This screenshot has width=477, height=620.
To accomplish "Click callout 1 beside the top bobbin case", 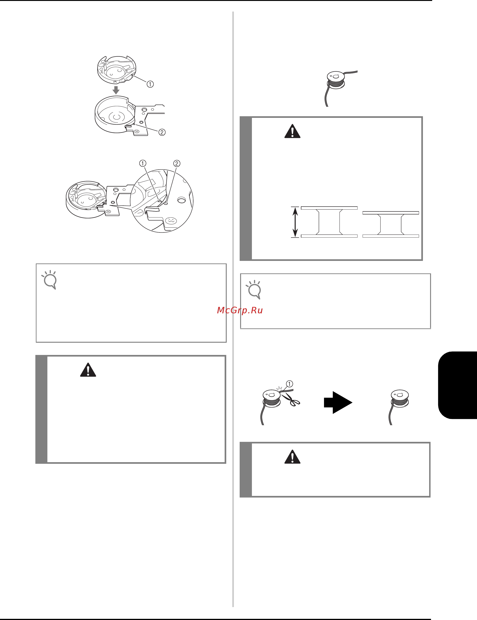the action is (150, 84).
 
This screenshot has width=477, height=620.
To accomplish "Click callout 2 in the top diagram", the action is (162, 132).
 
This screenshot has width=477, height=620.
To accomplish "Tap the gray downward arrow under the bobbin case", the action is (116, 90).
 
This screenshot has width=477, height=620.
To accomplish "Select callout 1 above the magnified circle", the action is (143, 163).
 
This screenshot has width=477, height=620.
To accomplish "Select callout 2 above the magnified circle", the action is (177, 163).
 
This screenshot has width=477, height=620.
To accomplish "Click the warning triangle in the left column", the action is (88, 370).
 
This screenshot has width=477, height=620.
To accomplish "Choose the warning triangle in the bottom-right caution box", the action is (292, 456).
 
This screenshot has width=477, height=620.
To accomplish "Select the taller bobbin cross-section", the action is (329, 222).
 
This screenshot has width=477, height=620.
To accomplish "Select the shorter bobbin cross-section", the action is (391, 224).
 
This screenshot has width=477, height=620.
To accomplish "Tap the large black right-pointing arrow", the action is (338, 402).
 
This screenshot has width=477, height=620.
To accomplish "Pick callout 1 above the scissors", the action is (289, 384).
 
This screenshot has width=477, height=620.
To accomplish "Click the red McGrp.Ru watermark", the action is (240, 310).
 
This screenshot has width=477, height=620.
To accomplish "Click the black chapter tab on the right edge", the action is (457, 385).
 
